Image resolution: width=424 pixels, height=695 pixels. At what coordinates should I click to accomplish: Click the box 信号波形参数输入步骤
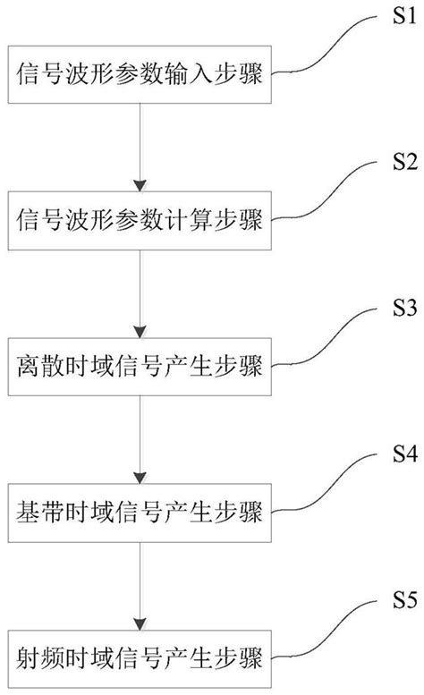139,75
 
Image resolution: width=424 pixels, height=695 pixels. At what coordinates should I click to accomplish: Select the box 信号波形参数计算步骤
139,220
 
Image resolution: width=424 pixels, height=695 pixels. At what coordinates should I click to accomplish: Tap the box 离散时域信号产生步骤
139,365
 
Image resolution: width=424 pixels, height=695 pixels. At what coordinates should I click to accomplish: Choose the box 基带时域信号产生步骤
139,511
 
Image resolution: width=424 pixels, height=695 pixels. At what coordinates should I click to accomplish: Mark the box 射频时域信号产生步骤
139,656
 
